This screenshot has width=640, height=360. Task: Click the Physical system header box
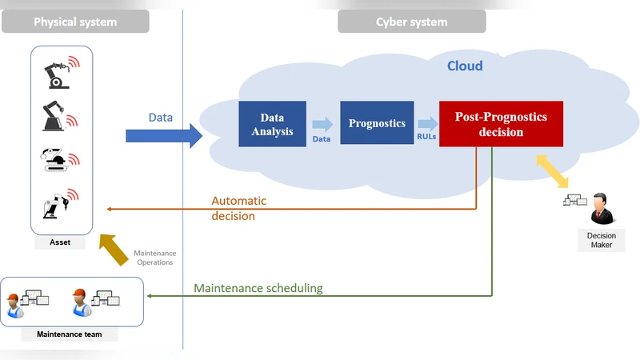click(75, 22)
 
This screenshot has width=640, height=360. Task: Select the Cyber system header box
click(411, 22)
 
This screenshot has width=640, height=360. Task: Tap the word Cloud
click(464, 66)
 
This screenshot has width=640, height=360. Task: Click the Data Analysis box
click(272, 124)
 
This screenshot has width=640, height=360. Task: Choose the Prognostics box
click(377, 123)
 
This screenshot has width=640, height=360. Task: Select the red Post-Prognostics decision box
click(501, 124)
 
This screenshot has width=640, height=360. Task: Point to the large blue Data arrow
click(164, 135)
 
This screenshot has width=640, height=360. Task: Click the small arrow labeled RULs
click(426, 123)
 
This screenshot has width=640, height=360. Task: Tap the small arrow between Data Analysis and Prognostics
click(322, 124)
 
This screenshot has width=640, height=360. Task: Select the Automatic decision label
click(238, 208)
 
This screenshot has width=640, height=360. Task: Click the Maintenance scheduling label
click(258, 288)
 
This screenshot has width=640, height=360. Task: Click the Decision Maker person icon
click(601, 213)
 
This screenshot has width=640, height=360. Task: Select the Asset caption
click(60, 242)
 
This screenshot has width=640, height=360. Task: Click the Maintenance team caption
click(70, 334)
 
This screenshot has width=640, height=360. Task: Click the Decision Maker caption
click(601, 240)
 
